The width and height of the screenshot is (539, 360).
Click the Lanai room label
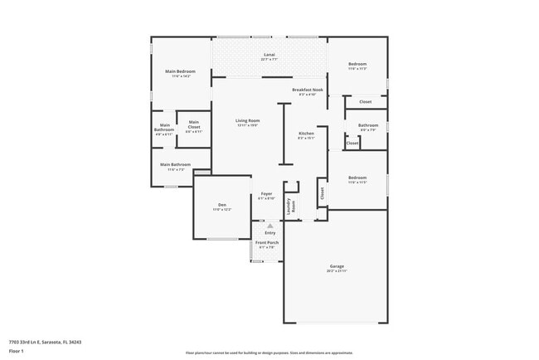click(x=269, y=56)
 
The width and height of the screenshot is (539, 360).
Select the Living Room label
click(x=248, y=121)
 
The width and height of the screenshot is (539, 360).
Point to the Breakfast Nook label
click(x=307, y=90)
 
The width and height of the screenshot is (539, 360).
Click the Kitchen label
click(x=306, y=134)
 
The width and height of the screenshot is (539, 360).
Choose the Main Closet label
click(x=194, y=124)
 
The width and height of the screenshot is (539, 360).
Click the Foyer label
click(x=266, y=194)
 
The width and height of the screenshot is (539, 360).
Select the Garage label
click(x=336, y=266)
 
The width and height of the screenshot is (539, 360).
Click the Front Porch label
click(x=266, y=242)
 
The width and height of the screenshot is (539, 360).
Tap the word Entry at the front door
click(x=269, y=232)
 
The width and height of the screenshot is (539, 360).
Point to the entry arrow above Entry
click(x=269, y=225)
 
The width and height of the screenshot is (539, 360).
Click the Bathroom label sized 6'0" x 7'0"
click(x=368, y=125)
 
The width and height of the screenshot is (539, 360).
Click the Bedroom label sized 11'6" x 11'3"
click(x=357, y=65)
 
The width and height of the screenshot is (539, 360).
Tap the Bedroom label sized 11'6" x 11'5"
click(x=357, y=178)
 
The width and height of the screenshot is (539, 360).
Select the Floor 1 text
click(x=16, y=350)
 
